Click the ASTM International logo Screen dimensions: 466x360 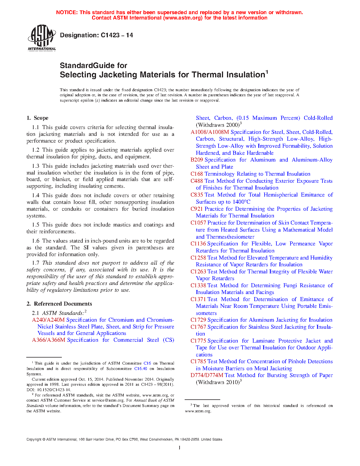coord(42,38)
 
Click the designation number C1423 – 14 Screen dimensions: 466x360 coord(117,35)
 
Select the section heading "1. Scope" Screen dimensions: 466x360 coord(38,118)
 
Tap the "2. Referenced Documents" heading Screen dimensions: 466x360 coord(59,304)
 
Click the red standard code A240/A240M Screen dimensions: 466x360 coord(48,320)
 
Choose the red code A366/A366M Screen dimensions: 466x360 coord(49,340)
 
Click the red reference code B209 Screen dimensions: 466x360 coord(197,160)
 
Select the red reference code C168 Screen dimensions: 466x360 coord(197,174)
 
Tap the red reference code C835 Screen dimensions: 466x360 coord(197,195)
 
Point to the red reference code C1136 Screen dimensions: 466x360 coord(198,244)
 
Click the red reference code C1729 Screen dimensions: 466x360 coord(198,320)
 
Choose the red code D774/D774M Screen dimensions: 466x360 coord(207,375)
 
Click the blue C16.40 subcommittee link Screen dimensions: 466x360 coord(140,369)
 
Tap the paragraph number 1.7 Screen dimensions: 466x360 coord(36,263)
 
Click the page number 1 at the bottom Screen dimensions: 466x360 coord(180,447)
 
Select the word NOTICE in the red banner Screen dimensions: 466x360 coord(67,12)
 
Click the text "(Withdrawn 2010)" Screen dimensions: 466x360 coord(218,382)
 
